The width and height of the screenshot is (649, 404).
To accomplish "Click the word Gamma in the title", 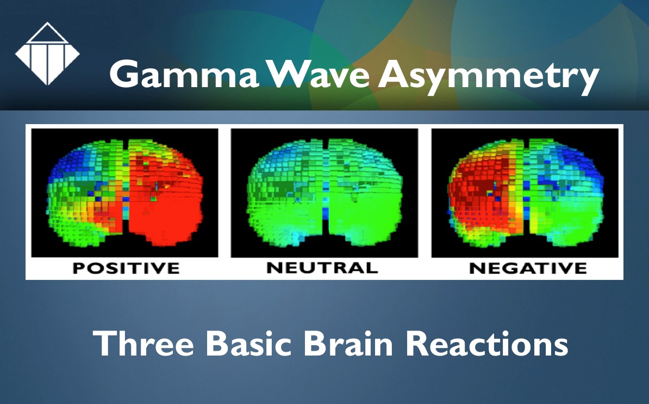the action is [184, 74].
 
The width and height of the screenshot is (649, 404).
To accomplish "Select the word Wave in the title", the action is [318, 74].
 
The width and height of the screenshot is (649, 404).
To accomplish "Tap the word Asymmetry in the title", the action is [489, 77].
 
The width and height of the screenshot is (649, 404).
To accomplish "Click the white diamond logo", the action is [47, 53].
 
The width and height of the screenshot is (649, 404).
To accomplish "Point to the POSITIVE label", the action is [126, 268].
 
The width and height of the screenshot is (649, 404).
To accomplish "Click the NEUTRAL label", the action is [322, 267].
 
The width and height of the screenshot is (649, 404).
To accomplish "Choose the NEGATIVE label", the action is [528, 268].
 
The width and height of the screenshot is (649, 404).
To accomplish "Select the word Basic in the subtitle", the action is [249, 344].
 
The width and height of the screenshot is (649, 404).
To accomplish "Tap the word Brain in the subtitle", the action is [348, 344].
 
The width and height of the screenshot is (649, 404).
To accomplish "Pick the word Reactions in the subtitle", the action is [487, 344].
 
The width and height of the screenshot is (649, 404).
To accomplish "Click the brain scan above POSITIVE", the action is [124, 193].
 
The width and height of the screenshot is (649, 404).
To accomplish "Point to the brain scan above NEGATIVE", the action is [525, 193].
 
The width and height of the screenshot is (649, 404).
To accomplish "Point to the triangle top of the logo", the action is [48, 32].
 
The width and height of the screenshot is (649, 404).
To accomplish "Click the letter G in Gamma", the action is [123, 74].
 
